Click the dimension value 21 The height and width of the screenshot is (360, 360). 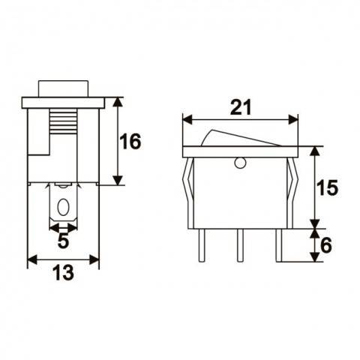click(x=239, y=107)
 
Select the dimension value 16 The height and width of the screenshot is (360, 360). click(x=130, y=141)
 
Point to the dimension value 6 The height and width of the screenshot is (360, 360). click(x=325, y=244)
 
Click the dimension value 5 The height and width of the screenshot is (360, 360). click(x=63, y=241)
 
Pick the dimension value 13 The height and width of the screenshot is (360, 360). click(x=63, y=274)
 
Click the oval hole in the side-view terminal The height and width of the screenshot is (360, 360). click(x=63, y=207)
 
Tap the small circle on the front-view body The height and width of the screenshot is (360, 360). click(x=240, y=162)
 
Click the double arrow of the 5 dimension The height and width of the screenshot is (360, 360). click(x=63, y=227)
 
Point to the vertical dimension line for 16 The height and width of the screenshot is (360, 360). click(x=117, y=141)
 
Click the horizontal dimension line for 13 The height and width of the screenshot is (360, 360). click(x=63, y=260)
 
